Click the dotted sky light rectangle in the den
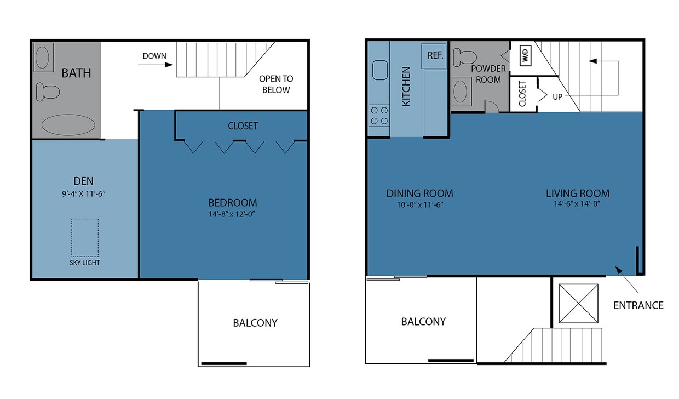coord(85,237)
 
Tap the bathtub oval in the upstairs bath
coord(68,125)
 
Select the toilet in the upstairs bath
coord(48,91)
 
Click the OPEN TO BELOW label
coord(275,84)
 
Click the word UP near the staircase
coord(557,96)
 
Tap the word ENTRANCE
coord(638,305)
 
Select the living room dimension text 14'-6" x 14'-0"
coord(577,205)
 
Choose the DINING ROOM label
coord(419,193)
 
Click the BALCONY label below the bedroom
coord(255,323)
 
